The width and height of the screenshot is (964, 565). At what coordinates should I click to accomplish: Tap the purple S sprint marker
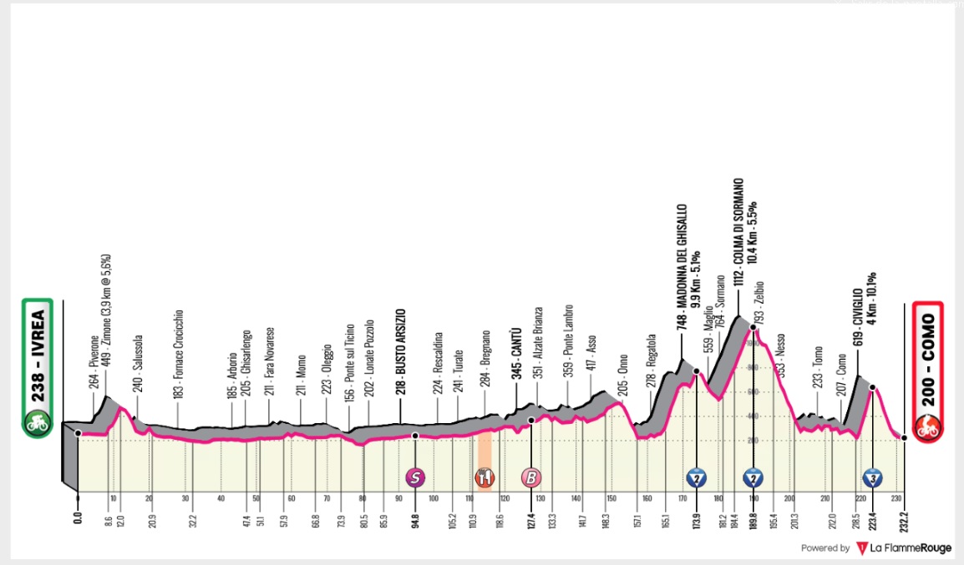[414, 477]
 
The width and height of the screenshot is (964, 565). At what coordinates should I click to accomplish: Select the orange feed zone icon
[485, 477]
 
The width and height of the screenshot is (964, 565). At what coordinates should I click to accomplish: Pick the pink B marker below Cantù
[530, 477]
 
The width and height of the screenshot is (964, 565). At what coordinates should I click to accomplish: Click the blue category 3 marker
[872, 477]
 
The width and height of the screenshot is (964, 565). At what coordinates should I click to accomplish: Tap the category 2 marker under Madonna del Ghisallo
[696, 477]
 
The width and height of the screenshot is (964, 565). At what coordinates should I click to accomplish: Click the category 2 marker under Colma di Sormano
[753, 477]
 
